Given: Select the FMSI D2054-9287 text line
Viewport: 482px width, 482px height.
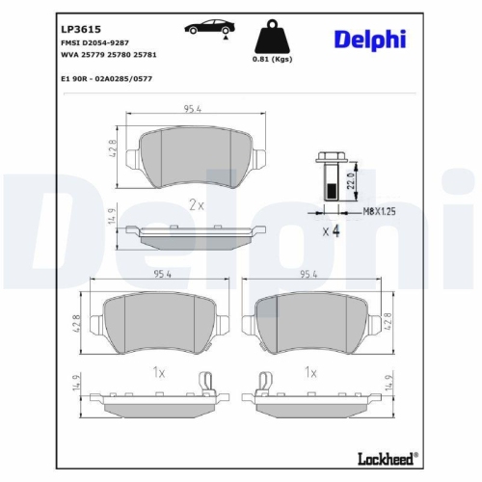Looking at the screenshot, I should pyautogui.click(x=94, y=43).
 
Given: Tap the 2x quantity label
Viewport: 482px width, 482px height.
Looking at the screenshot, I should pyautogui.click(x=197, y=204).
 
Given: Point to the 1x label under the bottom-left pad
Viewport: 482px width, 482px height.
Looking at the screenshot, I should pyautogui.click(x=160, y=371).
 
